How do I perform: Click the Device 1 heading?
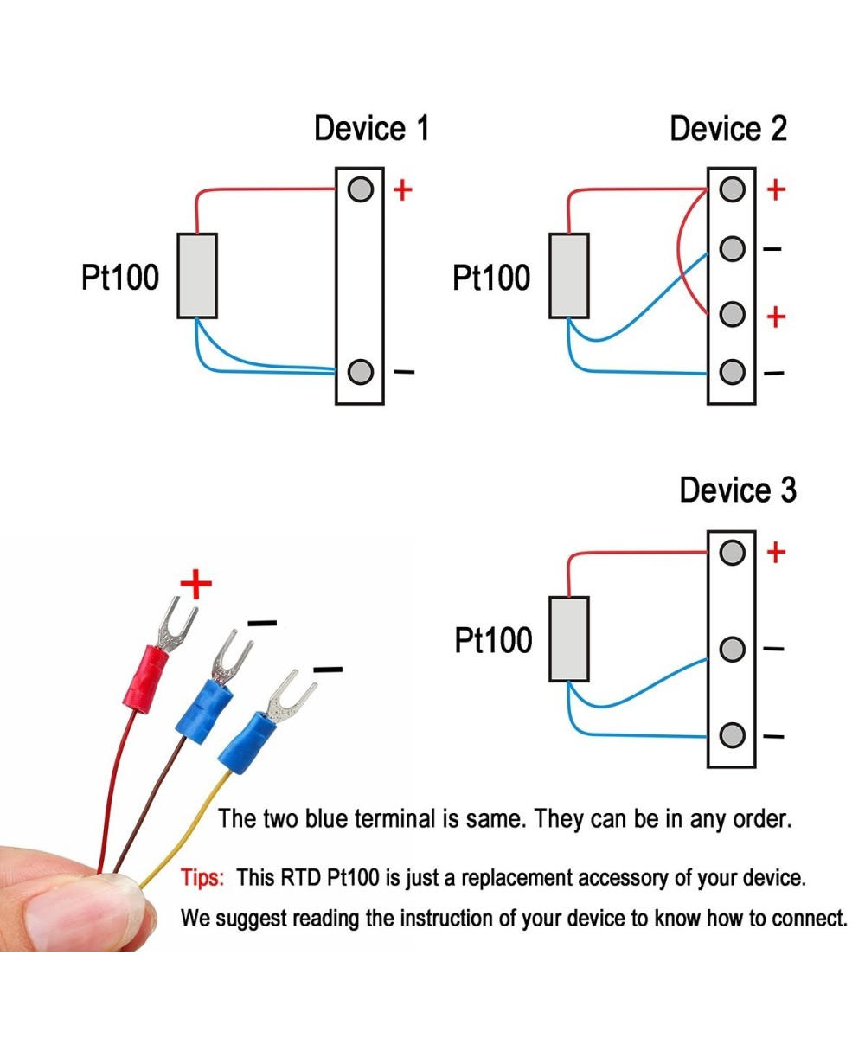coord(371,129)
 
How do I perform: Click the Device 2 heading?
coord(728,129)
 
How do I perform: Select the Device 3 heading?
coord(737,490)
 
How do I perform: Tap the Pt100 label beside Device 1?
coord(120,278)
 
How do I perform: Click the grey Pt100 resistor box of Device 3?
coord(568,638)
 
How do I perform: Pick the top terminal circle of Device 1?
coord(360,189)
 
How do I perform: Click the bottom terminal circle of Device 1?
coord(360,372)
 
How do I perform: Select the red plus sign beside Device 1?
coord(402,189)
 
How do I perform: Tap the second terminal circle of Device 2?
coord(732,249)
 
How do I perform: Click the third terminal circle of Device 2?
coord(732,313)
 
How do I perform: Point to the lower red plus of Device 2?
coord(776,317)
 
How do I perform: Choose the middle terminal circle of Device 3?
coord(732,649)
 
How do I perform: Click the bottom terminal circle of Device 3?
coord(732,735)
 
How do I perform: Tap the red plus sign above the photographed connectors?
coord(195,585)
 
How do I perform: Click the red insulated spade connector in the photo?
coord(146,673)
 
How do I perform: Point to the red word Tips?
coord(202,878)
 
